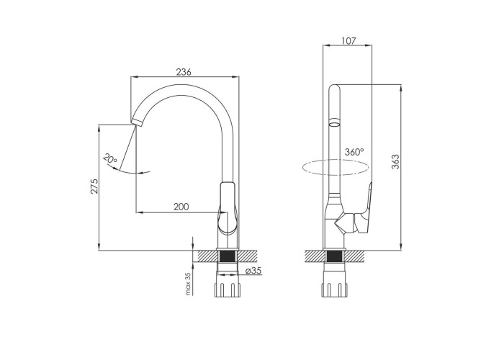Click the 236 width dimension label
tap(184, 72)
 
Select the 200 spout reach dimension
tap(181, 207)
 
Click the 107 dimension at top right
tap(348, 41)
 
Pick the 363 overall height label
tap(395, 162)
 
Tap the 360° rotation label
tap(354, 152)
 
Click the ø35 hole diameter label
tap(253, 271)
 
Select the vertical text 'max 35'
tap(189, 284)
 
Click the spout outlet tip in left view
tap(136, 122)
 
